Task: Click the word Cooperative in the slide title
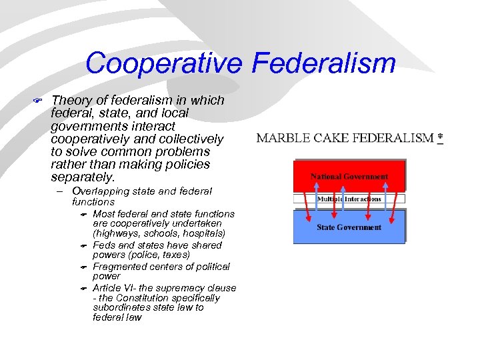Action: (x=164, y=64)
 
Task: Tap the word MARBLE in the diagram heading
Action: (x=283, y=138)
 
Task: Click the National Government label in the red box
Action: (x=349, y=177)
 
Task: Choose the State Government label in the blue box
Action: (x=349, y=227)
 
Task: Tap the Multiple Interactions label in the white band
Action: (x=349, y=199)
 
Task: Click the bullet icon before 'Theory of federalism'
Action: (x=39, y=101)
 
